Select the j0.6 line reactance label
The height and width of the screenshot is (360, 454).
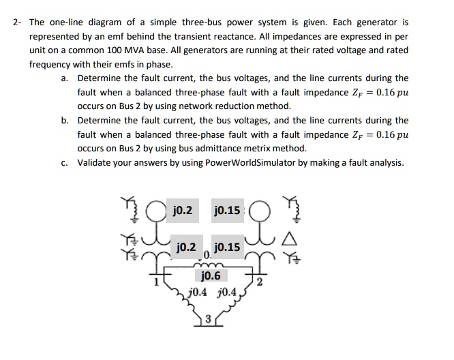[x=212, y=276]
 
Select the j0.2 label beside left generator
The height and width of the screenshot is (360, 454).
[x=183, y=210]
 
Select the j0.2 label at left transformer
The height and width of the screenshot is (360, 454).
[x=185, y=246]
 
